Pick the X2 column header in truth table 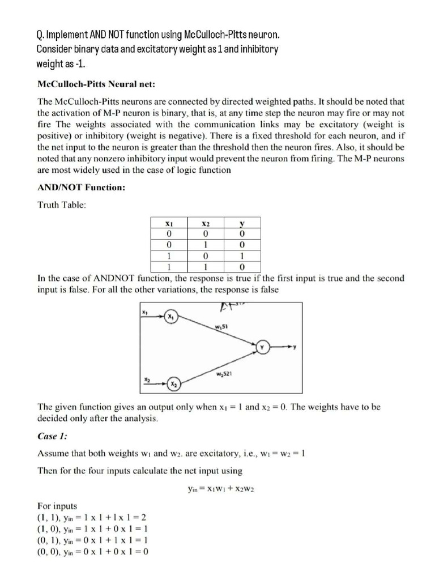(x=206, y=224)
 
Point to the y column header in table (x=242, y=224)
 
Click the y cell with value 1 (x=242, y=255)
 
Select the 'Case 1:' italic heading (x=53, y=437)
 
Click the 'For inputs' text (x=57, y=506)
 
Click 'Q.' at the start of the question (x=40, y=36)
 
